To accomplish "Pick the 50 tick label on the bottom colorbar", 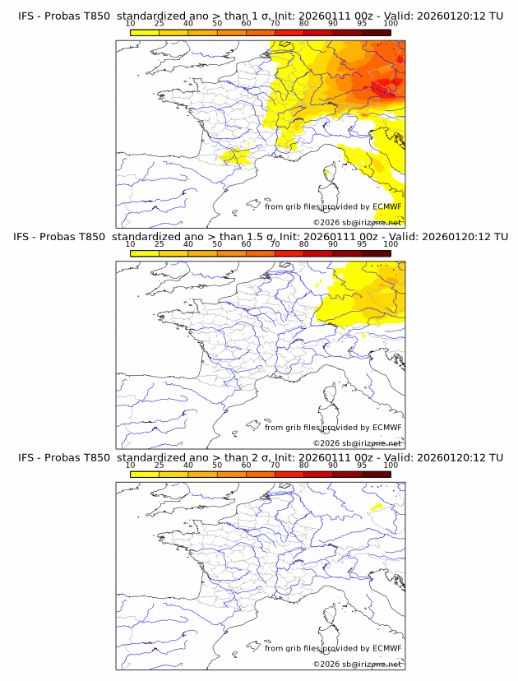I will pyautogui.click(x=217, y=465).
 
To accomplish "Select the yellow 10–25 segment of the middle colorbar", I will pyautogui.click(x=145, y=252).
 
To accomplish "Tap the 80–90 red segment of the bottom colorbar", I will pyautogui.click(x=318, y=474).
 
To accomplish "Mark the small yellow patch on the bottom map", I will pyautogui.click(x=377, y=507).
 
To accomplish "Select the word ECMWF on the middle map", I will pyautogui.click(x=386, y=428).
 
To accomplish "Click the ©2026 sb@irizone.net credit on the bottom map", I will pyautogui.click(x=357, y=664).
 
